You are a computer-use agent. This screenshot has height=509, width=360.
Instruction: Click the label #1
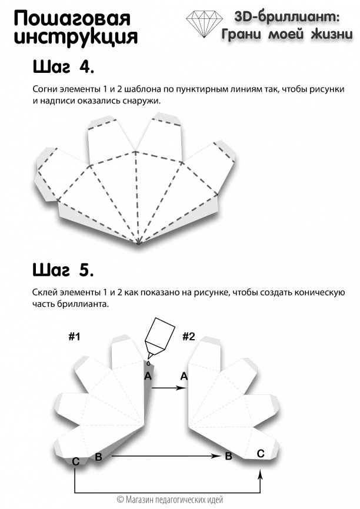(x=74, y=337)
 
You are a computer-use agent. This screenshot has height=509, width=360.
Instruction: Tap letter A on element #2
(x=184, y=376)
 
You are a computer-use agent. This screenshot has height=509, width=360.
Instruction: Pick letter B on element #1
(x=99, y=457)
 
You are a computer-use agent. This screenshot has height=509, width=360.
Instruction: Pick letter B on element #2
(x=228, y=456)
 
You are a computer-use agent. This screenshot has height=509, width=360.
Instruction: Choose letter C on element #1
(x=75, y=462)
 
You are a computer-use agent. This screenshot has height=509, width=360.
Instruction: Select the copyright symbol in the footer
(x=121, y=500)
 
